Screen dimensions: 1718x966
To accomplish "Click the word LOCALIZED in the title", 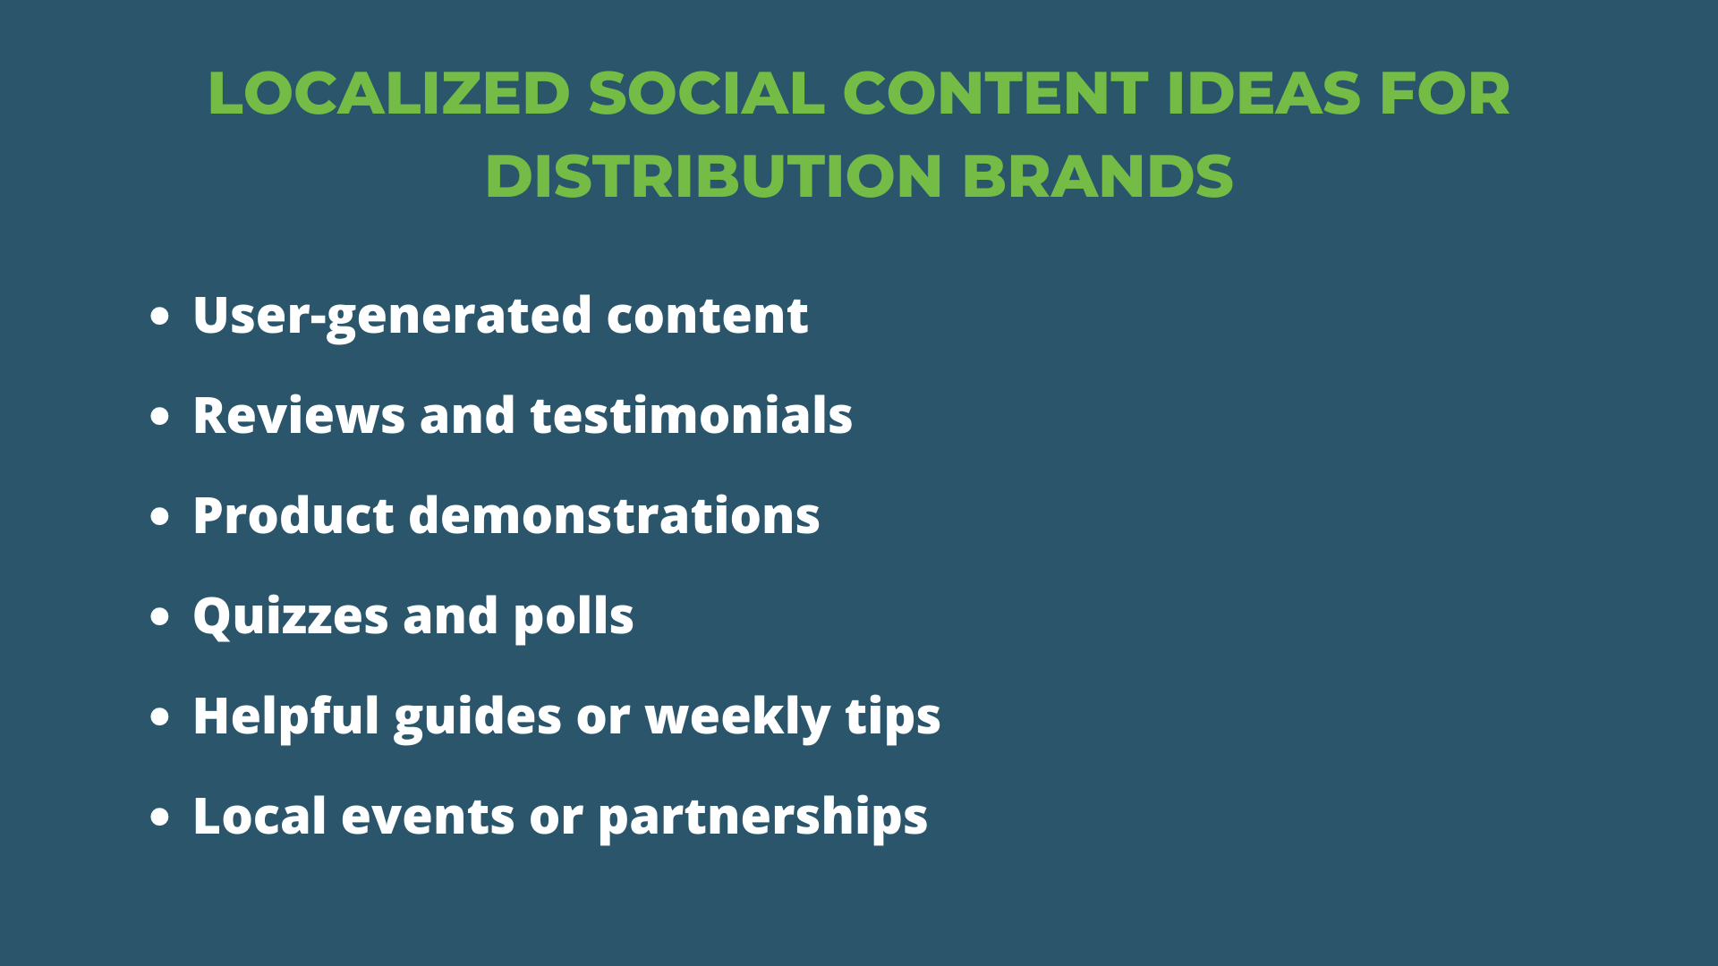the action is [x=389, y=93].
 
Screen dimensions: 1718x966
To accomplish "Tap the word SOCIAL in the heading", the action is [x=707, y=93].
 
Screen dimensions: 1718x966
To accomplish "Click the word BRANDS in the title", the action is [x=1098, y=175].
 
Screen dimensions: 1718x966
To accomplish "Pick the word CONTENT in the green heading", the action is [x=995, y=93].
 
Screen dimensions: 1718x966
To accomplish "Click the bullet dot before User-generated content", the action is [x=160, y=316].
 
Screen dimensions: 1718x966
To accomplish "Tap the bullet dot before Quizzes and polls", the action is [x=160, y=616].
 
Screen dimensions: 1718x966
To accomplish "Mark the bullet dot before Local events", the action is [x=160, y=817].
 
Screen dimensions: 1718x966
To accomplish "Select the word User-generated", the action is [x=393, y=317].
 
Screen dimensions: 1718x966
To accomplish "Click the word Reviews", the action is [x=299, y=416].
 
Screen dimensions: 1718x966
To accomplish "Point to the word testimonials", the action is [x=692, y=416].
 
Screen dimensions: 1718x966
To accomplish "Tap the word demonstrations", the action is [x=615, y=516].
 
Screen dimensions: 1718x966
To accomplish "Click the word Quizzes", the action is [x=291, y=617].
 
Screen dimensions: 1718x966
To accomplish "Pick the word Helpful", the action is [x=286, y=717].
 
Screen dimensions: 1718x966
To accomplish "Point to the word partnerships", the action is [x=763, y=818].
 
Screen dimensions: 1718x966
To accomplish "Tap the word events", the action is [x=428, y=818].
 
